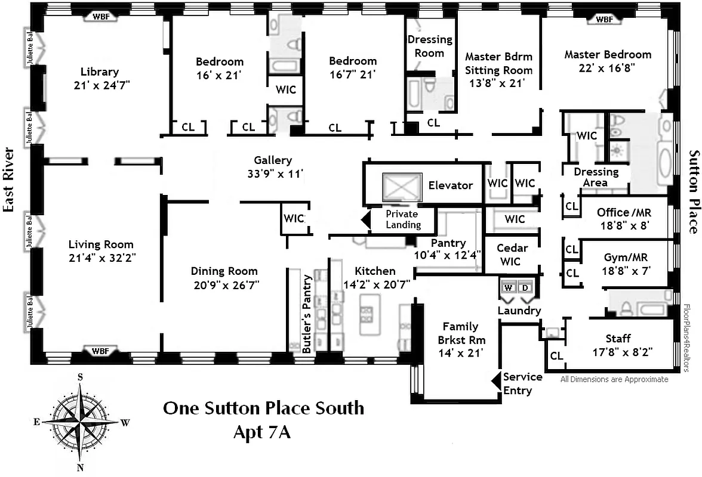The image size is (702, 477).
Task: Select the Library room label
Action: [100, 72]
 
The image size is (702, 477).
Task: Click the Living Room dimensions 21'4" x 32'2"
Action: [101, 257]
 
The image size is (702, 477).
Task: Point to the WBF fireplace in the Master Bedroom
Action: [604, 19]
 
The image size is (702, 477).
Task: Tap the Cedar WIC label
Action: [512, 255]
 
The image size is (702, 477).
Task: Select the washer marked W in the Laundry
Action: [508, 287]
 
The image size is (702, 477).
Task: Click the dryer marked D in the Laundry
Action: [525, 287]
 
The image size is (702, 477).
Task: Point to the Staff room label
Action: [618, 339]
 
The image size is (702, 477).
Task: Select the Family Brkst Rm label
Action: [460, 333]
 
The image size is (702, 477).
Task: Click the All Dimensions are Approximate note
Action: [614, 379]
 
